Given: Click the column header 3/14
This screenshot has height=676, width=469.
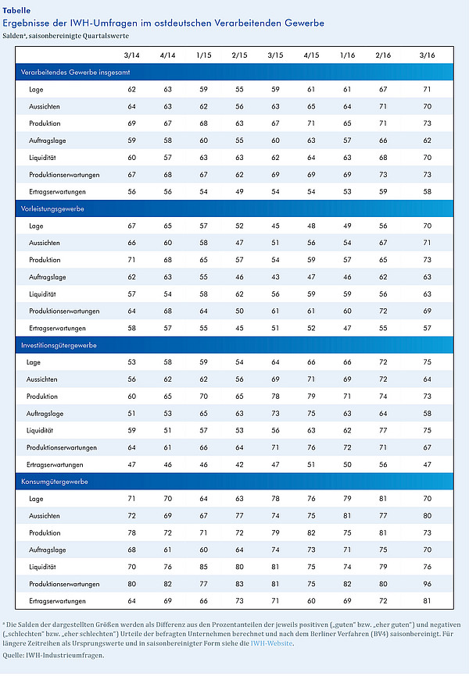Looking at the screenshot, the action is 132,55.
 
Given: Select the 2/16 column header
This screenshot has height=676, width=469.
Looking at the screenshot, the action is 383,55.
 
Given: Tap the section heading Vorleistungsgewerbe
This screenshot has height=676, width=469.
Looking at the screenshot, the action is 52,208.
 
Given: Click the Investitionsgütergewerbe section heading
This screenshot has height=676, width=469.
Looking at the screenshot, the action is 59,345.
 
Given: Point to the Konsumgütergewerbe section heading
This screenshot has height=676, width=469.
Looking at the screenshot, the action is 55,482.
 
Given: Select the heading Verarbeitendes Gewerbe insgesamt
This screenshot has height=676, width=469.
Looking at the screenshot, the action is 75,73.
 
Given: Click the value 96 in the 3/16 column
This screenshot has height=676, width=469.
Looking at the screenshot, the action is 427,584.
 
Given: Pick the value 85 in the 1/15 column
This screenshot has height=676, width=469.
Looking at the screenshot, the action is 203,567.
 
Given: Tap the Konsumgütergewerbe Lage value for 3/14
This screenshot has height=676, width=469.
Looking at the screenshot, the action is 132,498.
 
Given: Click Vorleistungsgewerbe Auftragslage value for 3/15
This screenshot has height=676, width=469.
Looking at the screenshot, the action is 275,277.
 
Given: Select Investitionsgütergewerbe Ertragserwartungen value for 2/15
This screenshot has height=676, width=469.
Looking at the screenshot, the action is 239,464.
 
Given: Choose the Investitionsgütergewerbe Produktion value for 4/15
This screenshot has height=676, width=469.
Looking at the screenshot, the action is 311,397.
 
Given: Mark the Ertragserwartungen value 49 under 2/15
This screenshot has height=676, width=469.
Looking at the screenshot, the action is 239,191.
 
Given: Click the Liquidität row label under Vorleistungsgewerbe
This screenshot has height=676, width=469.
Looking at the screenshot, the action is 42,294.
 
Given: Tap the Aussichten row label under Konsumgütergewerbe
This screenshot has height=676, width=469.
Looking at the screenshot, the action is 45,516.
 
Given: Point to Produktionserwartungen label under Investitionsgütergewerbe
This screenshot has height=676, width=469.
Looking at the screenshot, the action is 62,447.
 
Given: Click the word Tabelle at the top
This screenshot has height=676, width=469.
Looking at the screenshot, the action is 16,10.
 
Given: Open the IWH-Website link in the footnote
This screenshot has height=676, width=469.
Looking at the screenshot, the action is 272,643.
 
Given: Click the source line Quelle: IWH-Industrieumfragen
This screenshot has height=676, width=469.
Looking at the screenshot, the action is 54,655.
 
